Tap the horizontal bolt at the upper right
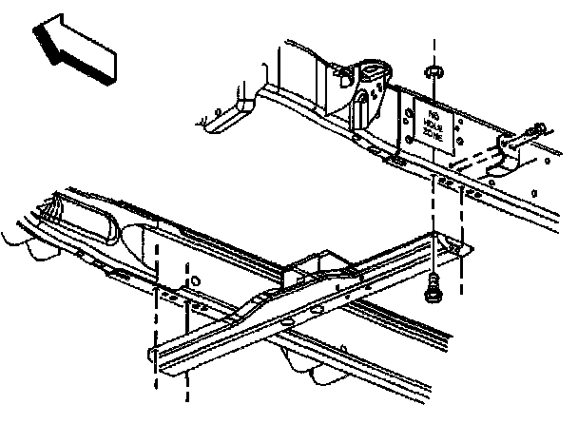pos(532,130)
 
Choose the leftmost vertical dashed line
pos(155,314)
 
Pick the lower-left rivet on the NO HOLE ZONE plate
pos(412,142)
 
